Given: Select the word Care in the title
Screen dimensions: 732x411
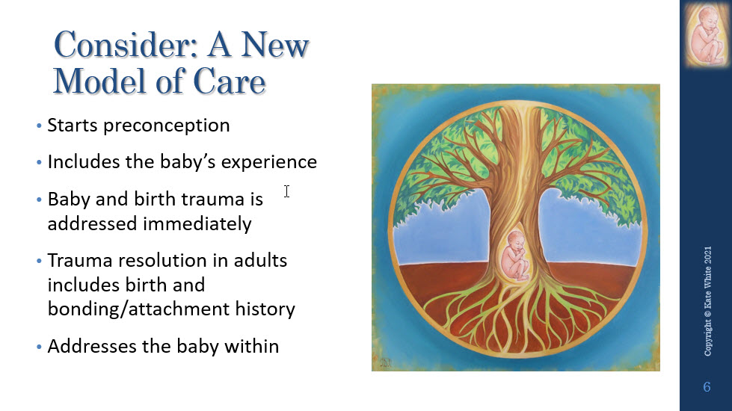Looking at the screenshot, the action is (x=230, y=81).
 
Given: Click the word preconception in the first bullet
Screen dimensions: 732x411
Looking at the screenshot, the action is (x=167, y=126).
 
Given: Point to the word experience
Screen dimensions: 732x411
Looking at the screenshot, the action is (x=269, y=163).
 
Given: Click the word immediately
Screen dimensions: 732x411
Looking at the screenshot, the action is (x=197, y=224).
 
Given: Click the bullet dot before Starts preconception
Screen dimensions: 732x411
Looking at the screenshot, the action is (x=39, y=126).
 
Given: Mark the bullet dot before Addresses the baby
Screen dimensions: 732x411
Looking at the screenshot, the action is (x=39, y=347).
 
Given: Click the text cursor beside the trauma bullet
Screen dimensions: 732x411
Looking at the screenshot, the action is (x=286, y=191).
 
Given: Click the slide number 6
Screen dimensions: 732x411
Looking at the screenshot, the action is (x=707, y=387).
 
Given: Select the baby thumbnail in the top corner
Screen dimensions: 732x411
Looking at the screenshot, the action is (x=707, y=34).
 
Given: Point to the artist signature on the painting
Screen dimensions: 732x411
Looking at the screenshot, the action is (x=386, y=363).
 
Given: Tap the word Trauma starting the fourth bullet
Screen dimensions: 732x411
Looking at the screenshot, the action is (x=80, y=260).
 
